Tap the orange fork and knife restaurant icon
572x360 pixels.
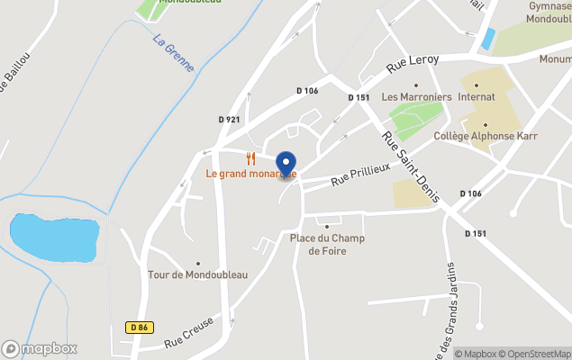coord(251,158)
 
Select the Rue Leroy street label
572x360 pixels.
coord(413,62)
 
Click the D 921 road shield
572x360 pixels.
coord(230,119)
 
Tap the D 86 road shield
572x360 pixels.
coord(138,328)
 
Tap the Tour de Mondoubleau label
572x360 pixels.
coord(197,274)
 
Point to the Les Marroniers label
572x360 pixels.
coord(416,96)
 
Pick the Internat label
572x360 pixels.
coord(477,96)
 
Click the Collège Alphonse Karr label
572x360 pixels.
coord(486,136)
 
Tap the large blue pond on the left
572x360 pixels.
coord(52,237)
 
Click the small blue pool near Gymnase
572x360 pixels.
coord(488,39)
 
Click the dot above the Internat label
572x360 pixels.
coord(477,85)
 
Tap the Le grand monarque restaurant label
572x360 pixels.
coord(251,173)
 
